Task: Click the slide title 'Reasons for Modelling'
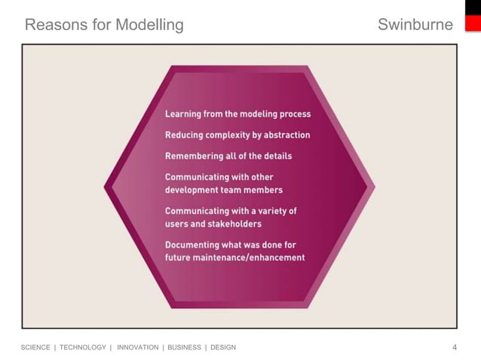click(104, 25)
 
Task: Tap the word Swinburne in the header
click(415, 25)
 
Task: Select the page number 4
click(454, 347)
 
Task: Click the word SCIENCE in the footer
click(35, 347)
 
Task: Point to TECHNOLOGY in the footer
click(83, 347)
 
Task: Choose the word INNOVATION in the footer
click(138, 347)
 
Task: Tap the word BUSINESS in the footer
click(184, 347)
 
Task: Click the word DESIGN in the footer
click(223, 347)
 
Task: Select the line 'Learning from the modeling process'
click(237, 114)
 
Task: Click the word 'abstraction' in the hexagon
click(283, 135)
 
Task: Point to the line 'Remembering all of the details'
click(228, 156)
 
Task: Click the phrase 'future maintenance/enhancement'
click(234, 258)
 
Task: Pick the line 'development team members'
click(224, 190)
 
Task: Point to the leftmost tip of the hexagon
click(106, 186)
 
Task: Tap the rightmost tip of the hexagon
click(375, 186)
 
